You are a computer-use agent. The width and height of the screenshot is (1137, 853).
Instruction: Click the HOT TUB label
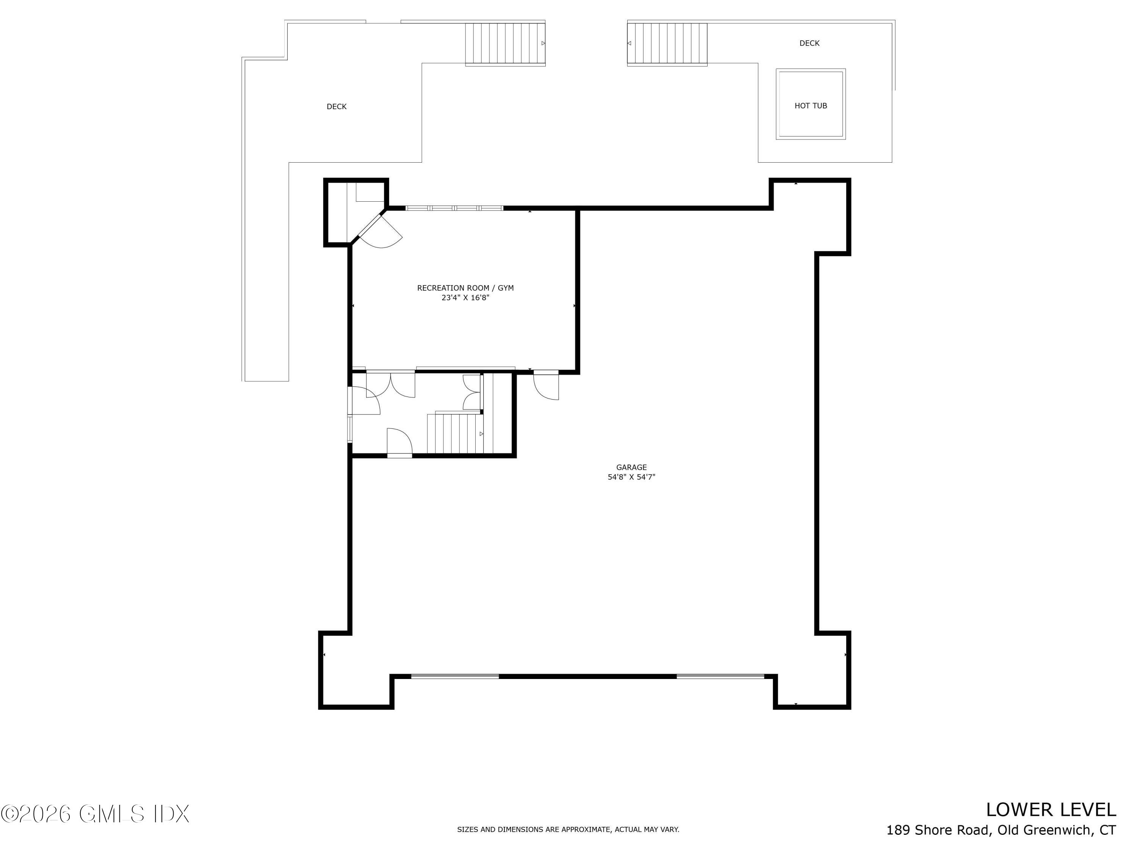[811, 106]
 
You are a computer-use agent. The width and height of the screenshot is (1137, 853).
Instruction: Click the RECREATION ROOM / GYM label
[465, 288]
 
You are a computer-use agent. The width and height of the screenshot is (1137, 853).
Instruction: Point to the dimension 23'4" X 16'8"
[465, 298]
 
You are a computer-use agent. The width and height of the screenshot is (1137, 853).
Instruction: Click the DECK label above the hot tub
[809, 43]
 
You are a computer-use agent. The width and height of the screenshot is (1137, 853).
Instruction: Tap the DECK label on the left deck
[337, 107]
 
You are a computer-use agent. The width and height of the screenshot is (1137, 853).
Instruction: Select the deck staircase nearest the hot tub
[667, 44]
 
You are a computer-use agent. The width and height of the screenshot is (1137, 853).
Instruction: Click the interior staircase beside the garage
[456, 433]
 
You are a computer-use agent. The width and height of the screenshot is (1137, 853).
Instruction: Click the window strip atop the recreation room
[454, 208]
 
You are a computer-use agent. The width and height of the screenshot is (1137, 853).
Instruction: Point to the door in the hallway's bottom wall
[399, 442]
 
